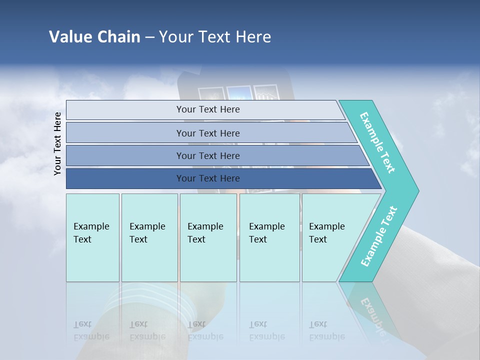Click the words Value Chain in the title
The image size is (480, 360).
(94, 36)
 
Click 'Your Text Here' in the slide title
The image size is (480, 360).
(215, 36)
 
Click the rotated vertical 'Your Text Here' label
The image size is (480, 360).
(57, 143)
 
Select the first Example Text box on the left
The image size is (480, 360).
(92, 237)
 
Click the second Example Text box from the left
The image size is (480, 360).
(149, 237)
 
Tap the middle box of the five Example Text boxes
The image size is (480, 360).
(208, 237)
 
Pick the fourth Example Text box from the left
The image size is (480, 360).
(269, 237)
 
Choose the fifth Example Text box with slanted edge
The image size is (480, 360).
(330, 237)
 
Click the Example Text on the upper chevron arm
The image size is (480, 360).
(377, 142)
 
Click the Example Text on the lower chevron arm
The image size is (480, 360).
(379, 236)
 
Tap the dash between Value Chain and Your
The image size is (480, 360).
(149, 37)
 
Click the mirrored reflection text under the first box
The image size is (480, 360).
(91, 330)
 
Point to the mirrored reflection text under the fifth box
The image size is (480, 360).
(327, 330)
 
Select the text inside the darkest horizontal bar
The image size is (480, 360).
(208, 178)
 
